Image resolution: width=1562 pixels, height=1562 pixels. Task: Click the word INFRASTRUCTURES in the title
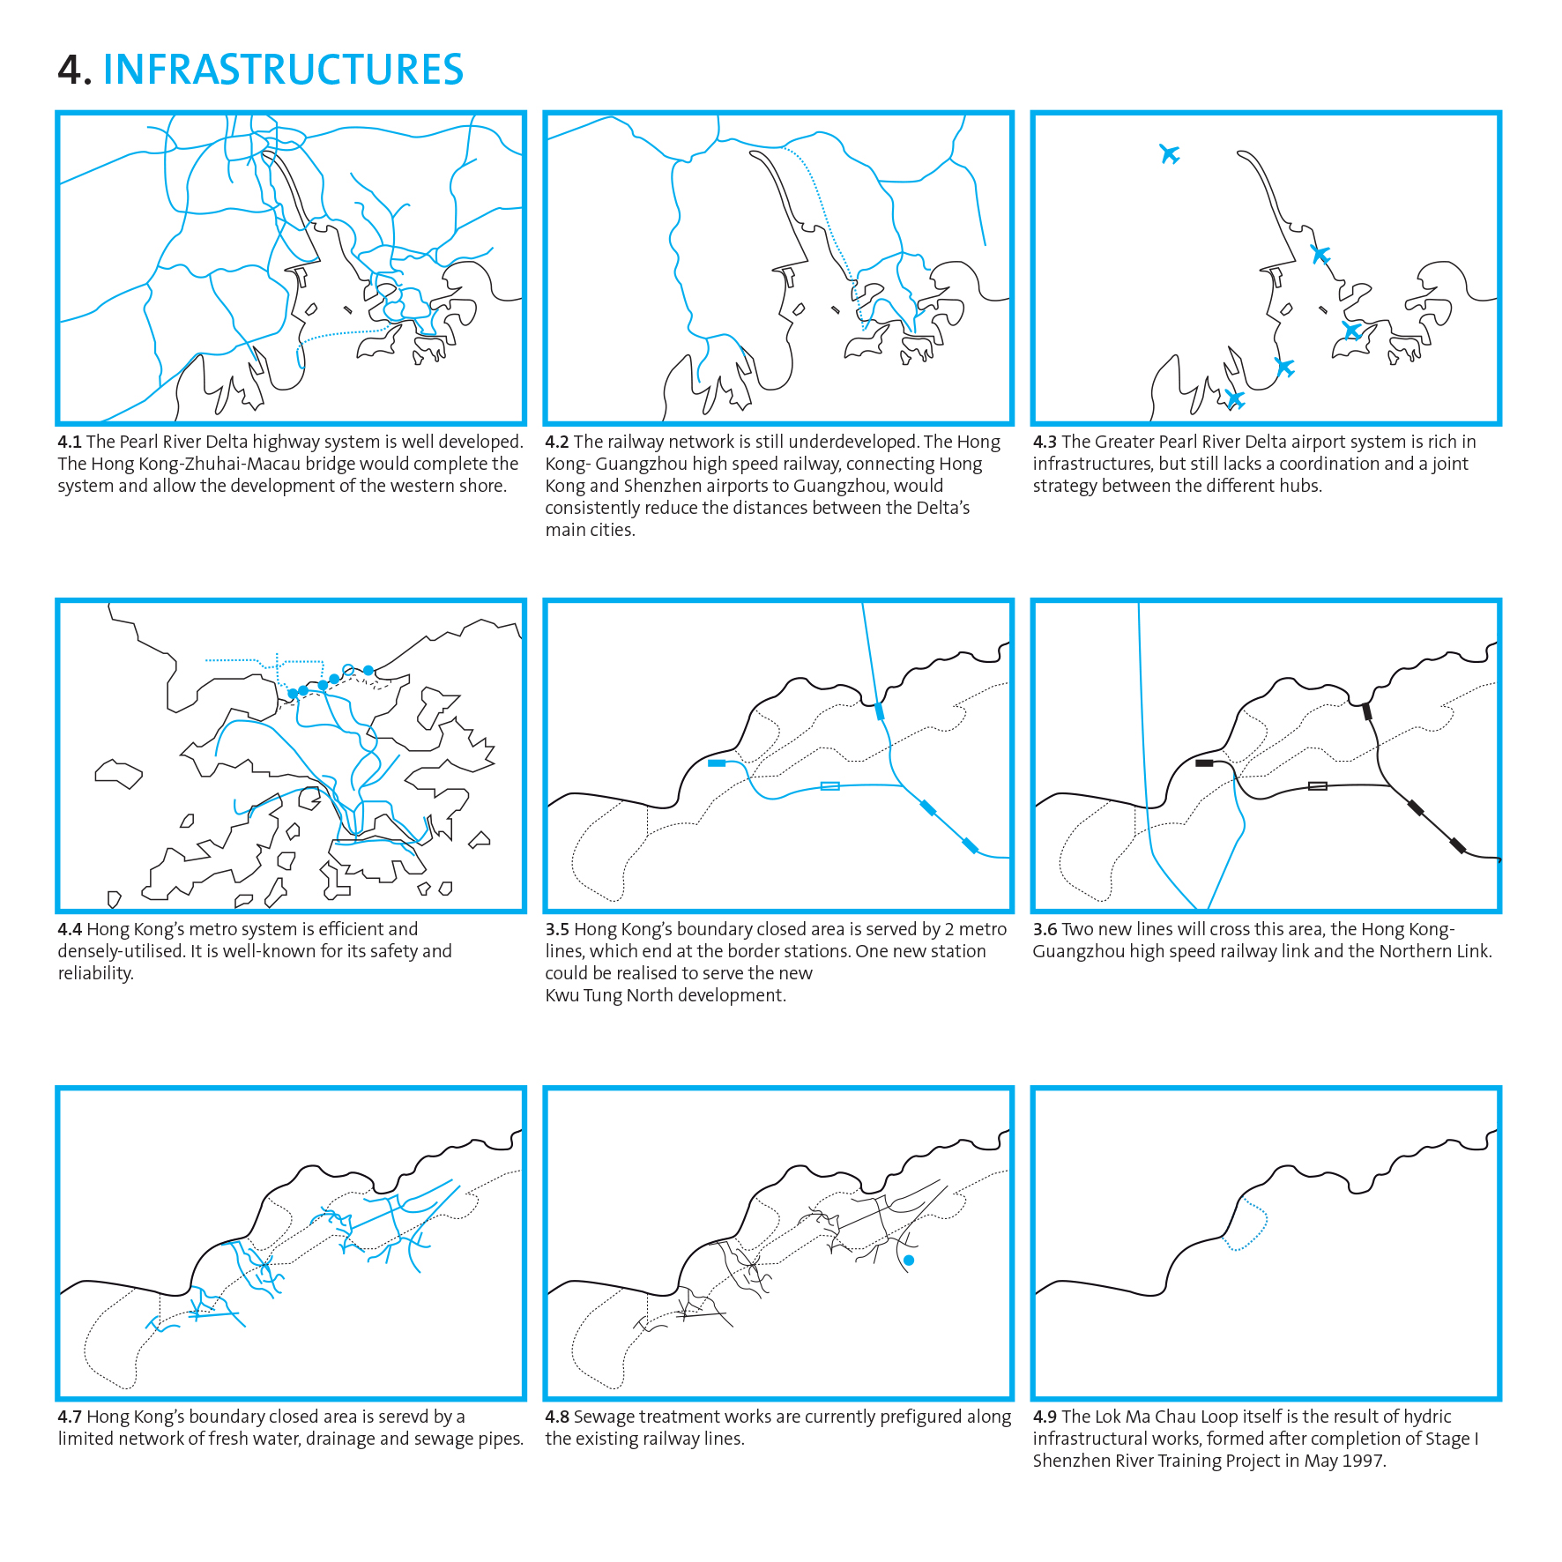pyautogui.click(x=283, y=70)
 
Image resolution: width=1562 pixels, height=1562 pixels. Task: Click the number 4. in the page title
pyautogui.click(x=74, y=71)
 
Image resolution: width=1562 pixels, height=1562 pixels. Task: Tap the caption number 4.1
pyautogui.click(x=70, y=442)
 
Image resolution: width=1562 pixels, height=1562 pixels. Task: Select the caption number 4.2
pyautogui.click(x=557, y=442)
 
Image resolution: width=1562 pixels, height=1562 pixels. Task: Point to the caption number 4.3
pyautogui.click(x=1045, y=442)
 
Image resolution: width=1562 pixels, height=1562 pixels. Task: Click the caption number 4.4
pyautogui.click(x=70, y=929)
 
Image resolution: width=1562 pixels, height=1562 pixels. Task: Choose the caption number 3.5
pyautogui.click(x=557, y=929)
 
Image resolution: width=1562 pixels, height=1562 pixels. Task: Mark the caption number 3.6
pyautogui.click(x=1045, y=929)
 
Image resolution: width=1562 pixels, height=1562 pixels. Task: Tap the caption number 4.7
pyautogui.click(x=70, y=1417)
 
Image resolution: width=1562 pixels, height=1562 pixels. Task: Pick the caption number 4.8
pyautogui.click(x=557, y=1417)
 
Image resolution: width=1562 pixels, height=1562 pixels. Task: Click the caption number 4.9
pyautogui.click(x=1045, y=1417)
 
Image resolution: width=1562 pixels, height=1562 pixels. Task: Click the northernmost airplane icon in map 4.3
pyautogui.click(x=1169, y=154)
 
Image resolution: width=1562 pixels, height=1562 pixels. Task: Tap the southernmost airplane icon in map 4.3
pyautogui.click(x=1235, y=399)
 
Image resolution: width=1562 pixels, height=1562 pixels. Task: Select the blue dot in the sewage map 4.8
pyautogui.click(x=909, y=1261)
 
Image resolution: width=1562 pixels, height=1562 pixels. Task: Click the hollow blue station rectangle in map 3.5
pyautogui.click(x=829, y=785)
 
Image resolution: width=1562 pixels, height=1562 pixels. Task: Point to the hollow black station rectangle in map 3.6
pyautogui.click(x=1317, y=785)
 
